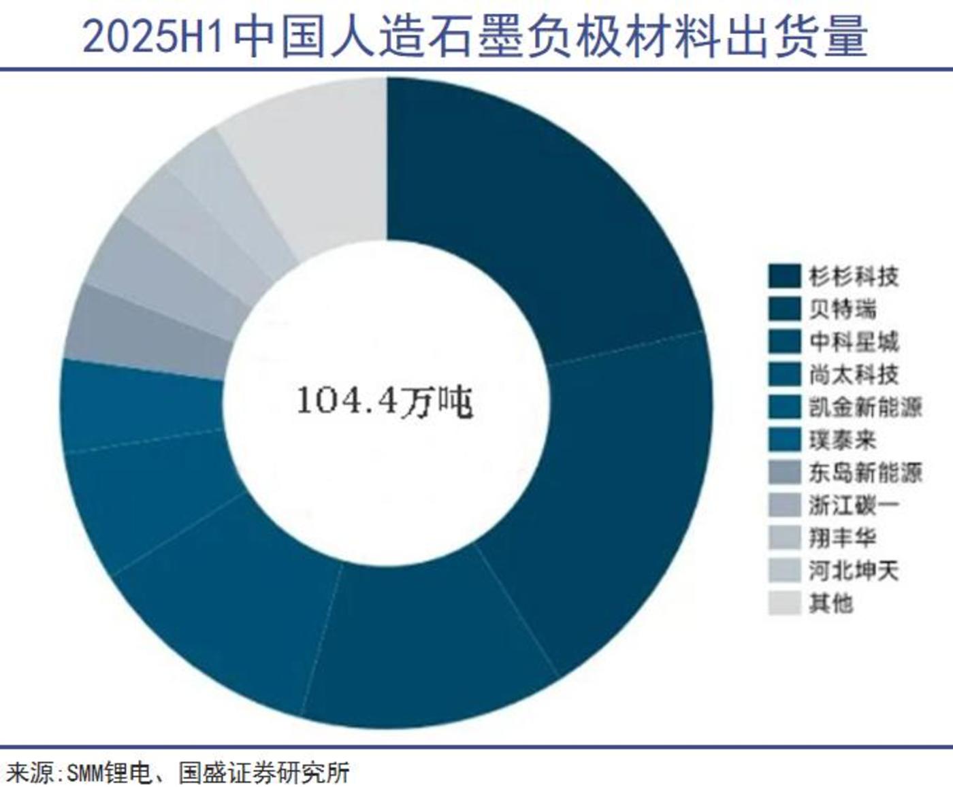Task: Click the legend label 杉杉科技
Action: tap(854, 276)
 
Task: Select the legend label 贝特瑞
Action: tap(843, 309)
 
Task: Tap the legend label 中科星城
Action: tap(854, 341)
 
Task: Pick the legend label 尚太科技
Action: tap(854, 374)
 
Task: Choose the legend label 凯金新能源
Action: tap(865, 407)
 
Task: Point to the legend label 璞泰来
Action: tap(843, 439)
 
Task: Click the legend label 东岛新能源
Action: tap(865, 472)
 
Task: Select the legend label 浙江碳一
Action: tap(854, 505)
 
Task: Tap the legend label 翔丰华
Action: tap(843, 537)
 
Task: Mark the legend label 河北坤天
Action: tap(854, 570)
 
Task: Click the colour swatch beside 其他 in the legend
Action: tap(784, 603)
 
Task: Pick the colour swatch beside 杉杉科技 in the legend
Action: tap(784, 276)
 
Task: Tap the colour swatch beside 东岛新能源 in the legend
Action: tap(784, 472)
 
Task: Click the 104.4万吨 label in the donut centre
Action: tap(385, 401)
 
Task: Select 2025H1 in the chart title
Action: tap(154, 37)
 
